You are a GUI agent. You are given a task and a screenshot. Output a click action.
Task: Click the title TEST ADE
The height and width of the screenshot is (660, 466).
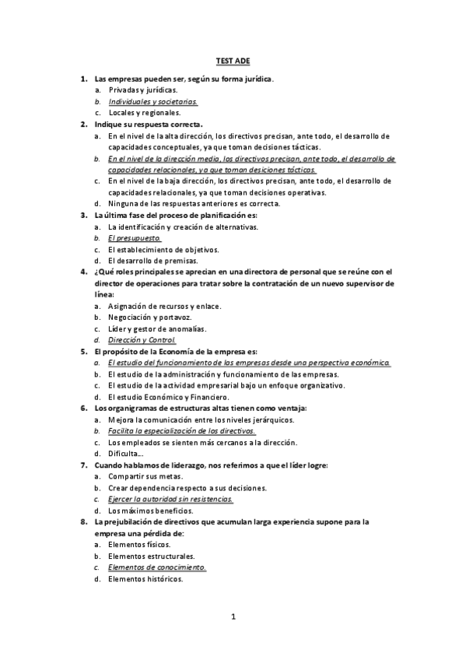click(233, 59)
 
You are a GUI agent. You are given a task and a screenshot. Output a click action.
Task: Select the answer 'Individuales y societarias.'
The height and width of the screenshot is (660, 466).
click(153, 101)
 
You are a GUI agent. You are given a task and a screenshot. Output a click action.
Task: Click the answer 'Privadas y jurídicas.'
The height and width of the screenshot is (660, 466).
click(143, 90)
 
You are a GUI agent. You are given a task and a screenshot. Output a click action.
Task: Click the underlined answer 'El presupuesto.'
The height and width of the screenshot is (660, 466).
click(135, 237)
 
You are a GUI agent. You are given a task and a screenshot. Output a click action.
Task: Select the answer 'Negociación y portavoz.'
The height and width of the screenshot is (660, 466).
click(152, 318)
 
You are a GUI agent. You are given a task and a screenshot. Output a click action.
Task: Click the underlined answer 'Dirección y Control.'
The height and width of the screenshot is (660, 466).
click(142, 340)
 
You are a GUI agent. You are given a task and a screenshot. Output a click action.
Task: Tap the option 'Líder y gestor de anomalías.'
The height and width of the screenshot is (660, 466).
click(157, 328)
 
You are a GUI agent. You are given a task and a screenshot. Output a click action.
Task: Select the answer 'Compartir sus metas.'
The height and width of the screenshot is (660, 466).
click(145, 476)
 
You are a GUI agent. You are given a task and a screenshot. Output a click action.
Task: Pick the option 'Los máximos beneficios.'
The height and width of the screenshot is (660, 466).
click(150, 510)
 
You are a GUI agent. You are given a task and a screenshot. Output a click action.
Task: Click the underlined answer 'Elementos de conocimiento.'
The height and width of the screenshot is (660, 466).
click(157, 567)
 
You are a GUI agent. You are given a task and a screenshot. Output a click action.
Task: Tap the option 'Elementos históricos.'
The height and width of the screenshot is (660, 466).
click(146, 579)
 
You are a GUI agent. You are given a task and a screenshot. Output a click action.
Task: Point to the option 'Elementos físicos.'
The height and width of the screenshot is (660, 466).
click(140, 545)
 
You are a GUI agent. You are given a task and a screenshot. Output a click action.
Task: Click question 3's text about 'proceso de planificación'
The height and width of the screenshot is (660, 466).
click(186, 215)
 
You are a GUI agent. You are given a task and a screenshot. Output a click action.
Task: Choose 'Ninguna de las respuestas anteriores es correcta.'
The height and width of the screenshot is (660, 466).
click(194, 203)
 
